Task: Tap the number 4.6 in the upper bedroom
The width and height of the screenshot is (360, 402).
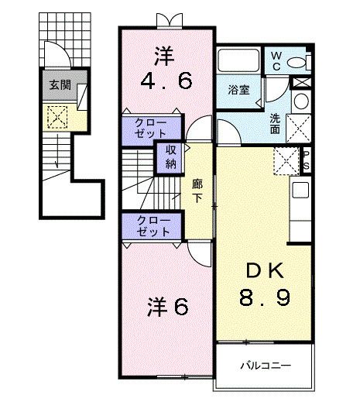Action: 165,81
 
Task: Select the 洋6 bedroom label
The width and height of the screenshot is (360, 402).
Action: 167,307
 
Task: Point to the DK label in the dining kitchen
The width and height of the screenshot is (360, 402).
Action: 264,270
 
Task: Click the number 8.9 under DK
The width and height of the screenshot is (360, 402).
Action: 264,297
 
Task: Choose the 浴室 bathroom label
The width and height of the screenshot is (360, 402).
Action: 238,91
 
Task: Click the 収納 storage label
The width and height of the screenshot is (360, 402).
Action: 170,157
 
